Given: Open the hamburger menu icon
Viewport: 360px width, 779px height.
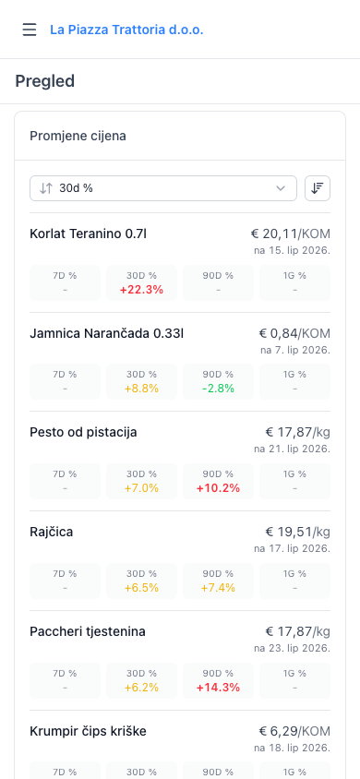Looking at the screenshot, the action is coord(30,30).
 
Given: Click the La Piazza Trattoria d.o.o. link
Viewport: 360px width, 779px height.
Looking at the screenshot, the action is coord(126,30).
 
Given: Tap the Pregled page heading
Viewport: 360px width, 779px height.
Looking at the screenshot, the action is coord(44,81).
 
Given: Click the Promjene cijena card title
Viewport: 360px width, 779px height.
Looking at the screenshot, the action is coord(78,136).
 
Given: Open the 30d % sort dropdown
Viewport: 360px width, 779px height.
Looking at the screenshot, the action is coord(163,188).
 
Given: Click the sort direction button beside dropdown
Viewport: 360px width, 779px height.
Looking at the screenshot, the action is coord(318,188).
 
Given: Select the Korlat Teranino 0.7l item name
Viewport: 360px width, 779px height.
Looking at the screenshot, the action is coord(88,234).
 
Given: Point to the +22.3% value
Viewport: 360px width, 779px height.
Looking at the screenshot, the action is coord(141,290).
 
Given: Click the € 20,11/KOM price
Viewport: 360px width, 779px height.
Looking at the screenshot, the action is coord(290,234).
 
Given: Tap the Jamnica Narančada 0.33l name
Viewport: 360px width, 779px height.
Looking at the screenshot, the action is coord(107,333).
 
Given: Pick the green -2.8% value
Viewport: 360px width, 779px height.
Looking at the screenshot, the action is coord(218,389).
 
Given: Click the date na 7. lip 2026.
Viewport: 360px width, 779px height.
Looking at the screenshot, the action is coord(295,350).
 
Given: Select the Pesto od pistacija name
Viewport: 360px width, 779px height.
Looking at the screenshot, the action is coord(83,432).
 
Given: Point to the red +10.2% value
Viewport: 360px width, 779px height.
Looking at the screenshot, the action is coord(218,488).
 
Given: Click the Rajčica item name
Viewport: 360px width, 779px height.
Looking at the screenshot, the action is coord(51,532).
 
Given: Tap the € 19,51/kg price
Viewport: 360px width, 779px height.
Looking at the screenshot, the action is coord(298,532).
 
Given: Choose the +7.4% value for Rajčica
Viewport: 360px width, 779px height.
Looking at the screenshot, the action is coord(218,588).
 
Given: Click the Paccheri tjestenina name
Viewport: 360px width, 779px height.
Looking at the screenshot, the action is coord(88,631).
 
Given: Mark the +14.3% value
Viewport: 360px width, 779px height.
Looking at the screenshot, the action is coord(218,687).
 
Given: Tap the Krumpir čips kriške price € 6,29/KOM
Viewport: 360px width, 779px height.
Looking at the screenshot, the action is coord(294,731).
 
